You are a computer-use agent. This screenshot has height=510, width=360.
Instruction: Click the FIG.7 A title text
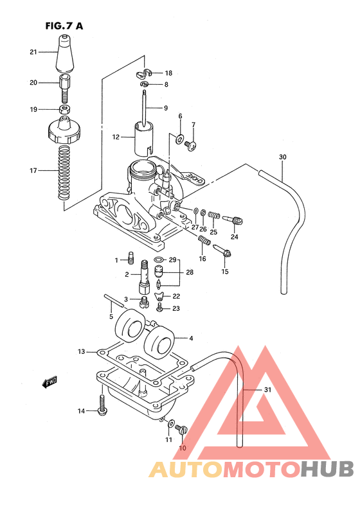pos(64,26)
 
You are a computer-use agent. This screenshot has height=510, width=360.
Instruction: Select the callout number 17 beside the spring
pos(33,171)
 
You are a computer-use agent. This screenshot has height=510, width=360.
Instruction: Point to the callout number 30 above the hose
pos(282,157)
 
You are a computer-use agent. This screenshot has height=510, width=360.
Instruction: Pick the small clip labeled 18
pos(145,73)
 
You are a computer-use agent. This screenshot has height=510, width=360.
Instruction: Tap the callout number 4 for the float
pos(190,337)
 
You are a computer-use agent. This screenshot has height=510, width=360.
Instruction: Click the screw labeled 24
pos(235,222)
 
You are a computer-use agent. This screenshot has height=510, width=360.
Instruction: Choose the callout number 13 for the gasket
pos(82,352)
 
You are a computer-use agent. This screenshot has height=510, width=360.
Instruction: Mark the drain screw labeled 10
pos(181,430)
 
